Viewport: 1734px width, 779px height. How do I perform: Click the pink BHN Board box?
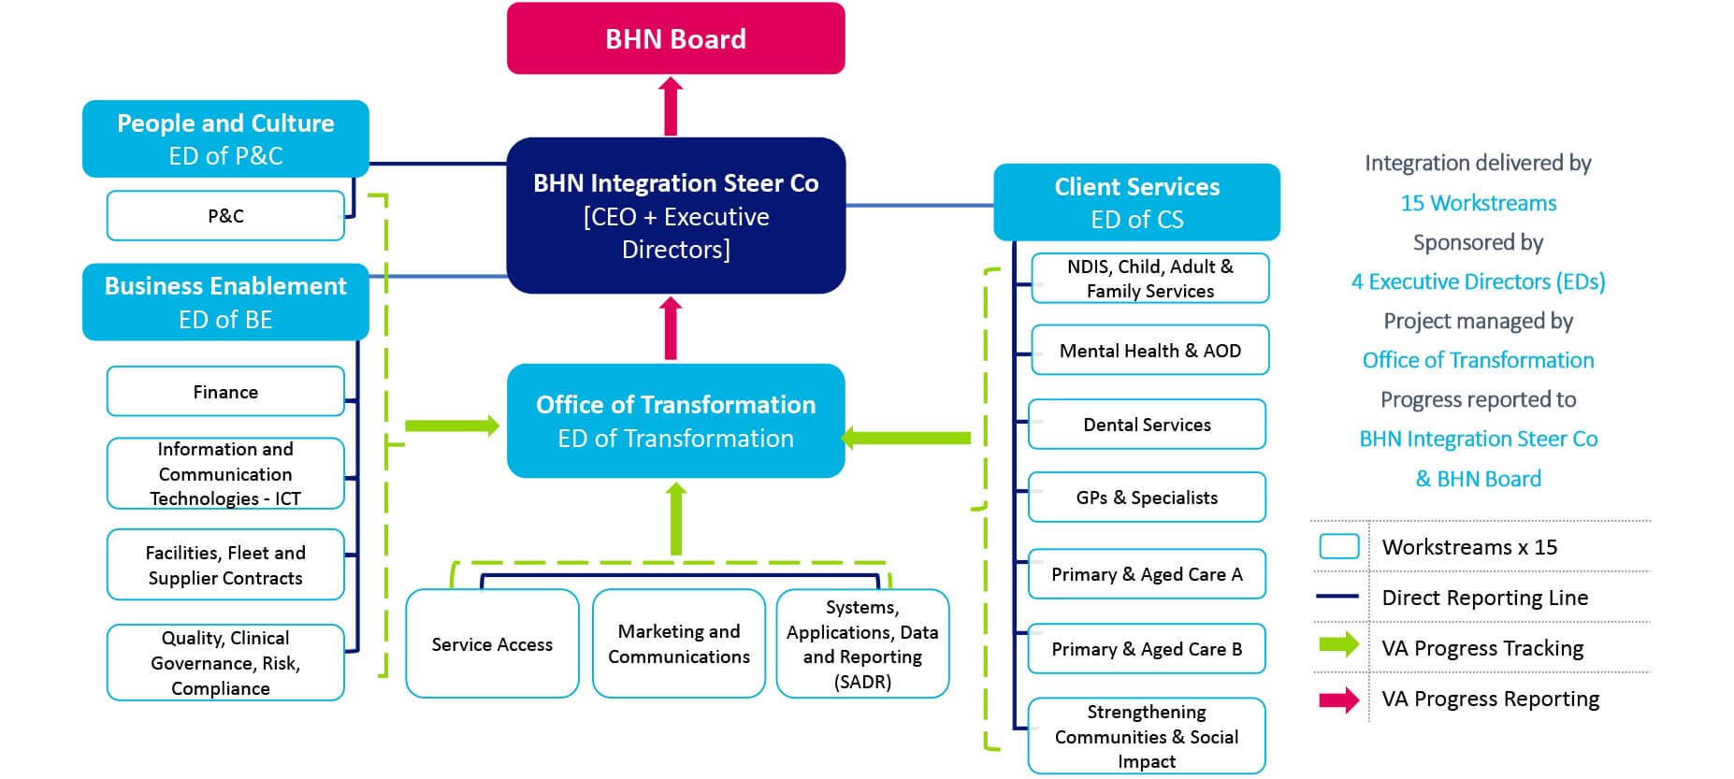click(x=675, y=38)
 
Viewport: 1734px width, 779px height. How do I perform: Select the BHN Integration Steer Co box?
click(x=675, y=215)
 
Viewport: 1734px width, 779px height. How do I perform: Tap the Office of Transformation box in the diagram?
click(x=675, y=421)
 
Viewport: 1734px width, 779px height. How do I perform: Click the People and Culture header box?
click(x=225, y=138)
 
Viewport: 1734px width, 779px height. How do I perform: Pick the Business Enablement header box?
click(x=225, y=301)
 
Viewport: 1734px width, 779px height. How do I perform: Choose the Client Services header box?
click(x=1136, y=202)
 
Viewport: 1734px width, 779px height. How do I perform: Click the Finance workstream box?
click(x=225, y=391)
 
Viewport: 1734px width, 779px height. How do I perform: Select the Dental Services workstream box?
click(x=1147, y=425)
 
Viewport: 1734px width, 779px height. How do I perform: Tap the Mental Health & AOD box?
click(x=1149, y=350)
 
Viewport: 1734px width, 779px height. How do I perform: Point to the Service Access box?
click(x=492, y=643)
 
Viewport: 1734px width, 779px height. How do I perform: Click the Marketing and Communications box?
click(x=679, y=643)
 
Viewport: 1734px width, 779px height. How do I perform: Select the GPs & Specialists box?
click(x=1147, y=497)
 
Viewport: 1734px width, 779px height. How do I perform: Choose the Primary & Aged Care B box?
click(x=1147, y=648)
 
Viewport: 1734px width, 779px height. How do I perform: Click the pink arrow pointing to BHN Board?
click(x=670, y=106)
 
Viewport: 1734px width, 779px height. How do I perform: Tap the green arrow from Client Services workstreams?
click(x=905, y=437)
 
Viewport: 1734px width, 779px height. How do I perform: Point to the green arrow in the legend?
click(x=1338, y=644)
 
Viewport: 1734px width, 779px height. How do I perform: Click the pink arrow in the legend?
click(x=1338, y=700)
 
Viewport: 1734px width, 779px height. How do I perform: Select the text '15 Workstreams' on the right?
click(x=1478, y=203)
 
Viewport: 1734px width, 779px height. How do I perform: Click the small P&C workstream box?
click(x=225, y=215)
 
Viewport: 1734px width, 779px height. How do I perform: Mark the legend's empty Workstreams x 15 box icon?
click(x=1338, y=546)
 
